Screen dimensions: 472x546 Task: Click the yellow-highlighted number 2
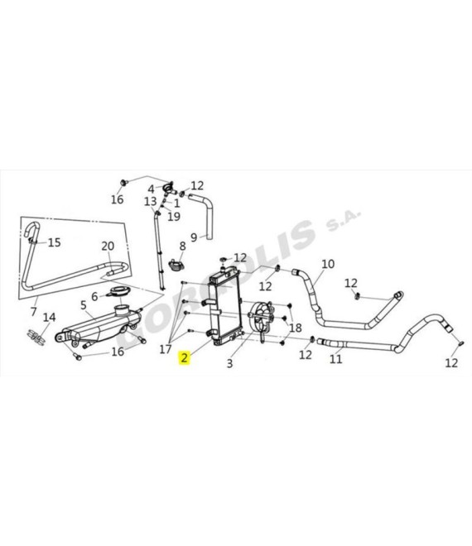point(184,357)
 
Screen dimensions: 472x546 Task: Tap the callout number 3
point(229,363)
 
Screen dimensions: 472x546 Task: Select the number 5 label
point(84,305)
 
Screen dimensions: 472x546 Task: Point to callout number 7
point(33,311)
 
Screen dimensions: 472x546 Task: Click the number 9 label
point(194,237)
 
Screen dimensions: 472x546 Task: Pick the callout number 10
point(328,264)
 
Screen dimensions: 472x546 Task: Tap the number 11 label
point(336,359)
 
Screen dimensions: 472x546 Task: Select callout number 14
point(49,317)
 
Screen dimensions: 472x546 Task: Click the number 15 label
point(54,242)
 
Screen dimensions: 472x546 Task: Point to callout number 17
point(166,348)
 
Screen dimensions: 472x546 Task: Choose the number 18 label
point(296,328)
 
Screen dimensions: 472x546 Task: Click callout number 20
point(108,246)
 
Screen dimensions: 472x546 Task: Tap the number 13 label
point(151,201)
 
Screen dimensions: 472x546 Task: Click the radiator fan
point(261,318)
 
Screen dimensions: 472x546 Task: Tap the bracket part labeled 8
point(177,266)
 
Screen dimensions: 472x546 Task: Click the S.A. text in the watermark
point(343,220)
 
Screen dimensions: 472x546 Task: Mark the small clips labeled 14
point(36,337)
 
